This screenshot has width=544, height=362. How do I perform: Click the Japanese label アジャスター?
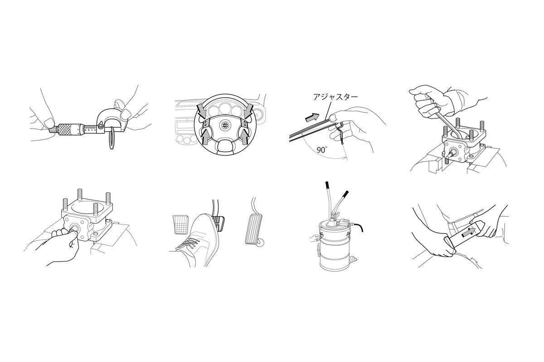coord(335,97)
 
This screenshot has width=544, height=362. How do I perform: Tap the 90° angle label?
coord(321,150)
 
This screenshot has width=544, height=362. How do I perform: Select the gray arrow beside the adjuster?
coord(312,117)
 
